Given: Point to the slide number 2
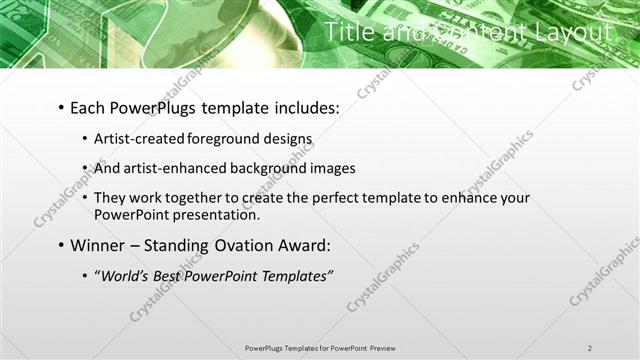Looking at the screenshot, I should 590,348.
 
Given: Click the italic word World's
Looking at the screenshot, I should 126,276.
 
